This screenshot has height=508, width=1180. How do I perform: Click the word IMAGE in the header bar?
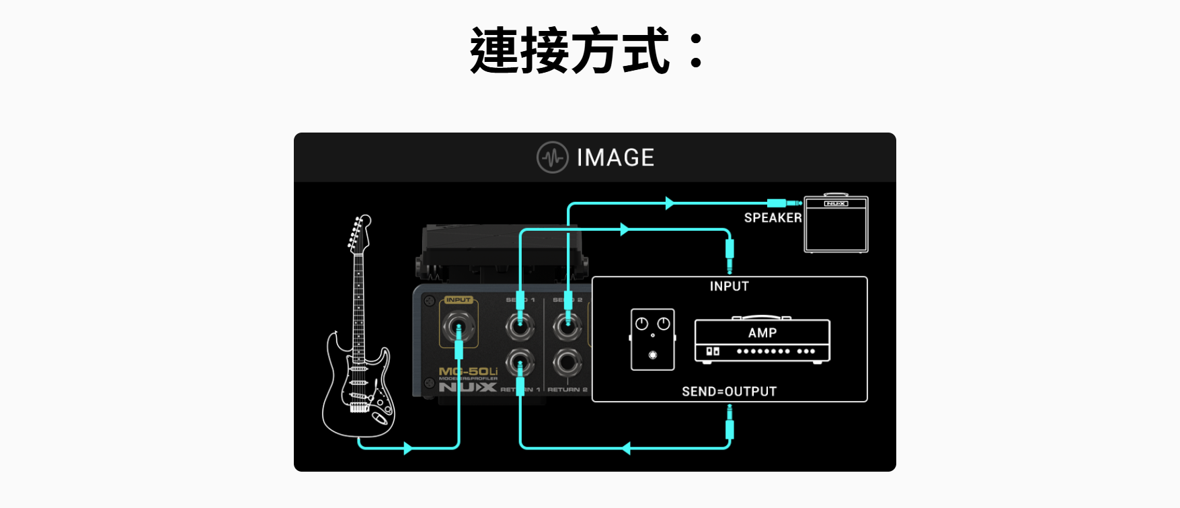pyautogui.click(x=615, y=157)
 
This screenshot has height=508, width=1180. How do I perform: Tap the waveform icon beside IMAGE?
pyautogui.click(x=553, y=157)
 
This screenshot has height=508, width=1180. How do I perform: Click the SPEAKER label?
pyautogui.click(x=773, y=217)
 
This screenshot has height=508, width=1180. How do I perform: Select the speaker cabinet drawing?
pyautogui.click(x=836, y=225)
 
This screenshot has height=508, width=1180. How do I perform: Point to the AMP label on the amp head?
pyautogui.click(x=762, y=333)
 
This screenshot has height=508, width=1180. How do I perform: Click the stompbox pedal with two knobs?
pyautogui.click(x=652, y=339)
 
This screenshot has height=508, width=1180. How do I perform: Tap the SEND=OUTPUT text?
pyautogui.click(x=729, y=392)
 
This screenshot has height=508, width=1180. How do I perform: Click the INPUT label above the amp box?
pyautogui.click(x=729, y=286)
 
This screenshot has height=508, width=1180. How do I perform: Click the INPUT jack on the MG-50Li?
pyautogui.click(x=459, y=328)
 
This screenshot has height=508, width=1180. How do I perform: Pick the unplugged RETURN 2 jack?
pyautogui.click(x=567, y=363)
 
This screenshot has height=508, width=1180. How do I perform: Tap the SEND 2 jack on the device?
pyautogui.click(x=567, y=326)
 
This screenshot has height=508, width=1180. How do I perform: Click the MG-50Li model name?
pyautogui.click(x=468, y=371)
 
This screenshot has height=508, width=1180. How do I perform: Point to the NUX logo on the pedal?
pyautogui.click(x=468, y=387)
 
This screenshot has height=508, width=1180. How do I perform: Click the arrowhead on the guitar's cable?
pyautogui.click(x=407, y=448)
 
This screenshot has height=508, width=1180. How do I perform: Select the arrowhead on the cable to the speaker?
pyautogui.click(x=669, y=203)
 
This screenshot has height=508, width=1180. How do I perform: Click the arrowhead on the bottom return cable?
pyautogui.click(x=626, y=448)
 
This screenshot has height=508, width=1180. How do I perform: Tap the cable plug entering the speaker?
pyautogui.click(x=780, y=203)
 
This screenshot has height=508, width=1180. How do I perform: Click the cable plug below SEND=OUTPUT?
pyautogui.click(x=730, y=427)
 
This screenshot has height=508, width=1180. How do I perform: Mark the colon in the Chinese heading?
pyautogui.click(x=697, y=51)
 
